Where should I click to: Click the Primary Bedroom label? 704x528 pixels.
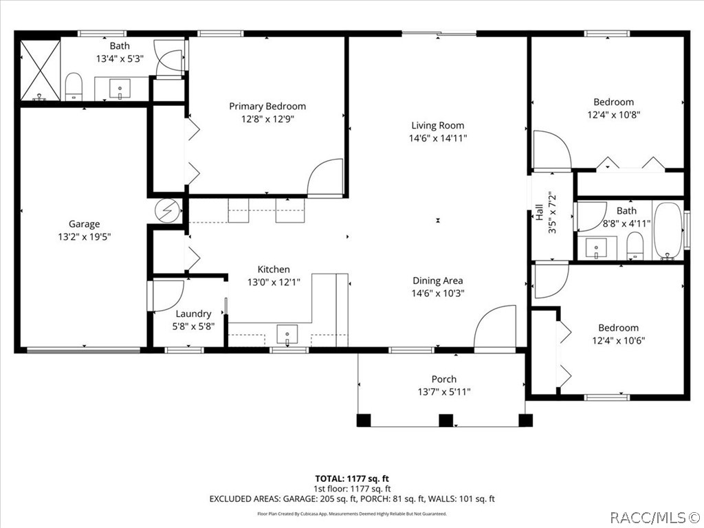[267, 107]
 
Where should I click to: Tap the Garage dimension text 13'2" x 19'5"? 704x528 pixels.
[85, 236]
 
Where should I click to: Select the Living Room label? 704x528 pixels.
[438, 126]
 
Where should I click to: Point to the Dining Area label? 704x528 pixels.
[438, 281]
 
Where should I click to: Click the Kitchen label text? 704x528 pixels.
[274, 269]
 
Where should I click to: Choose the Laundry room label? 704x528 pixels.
[193, 313]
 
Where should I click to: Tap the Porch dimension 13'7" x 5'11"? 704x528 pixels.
[444, 392]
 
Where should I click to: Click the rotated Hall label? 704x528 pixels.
[540, 212]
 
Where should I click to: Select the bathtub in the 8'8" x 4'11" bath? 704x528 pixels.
[668, 231]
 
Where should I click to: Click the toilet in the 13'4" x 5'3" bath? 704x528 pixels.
[74, 87]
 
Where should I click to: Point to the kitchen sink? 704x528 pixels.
[287, 335]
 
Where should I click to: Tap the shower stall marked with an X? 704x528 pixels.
[40, 71]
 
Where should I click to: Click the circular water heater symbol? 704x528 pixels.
[168, 210]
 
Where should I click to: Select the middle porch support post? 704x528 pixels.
[445, 420]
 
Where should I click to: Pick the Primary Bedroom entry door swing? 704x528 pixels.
[325, 178]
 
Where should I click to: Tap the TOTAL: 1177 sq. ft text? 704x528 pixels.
[352, 478]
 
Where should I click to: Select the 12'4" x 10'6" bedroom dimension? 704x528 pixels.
[618, 340]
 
